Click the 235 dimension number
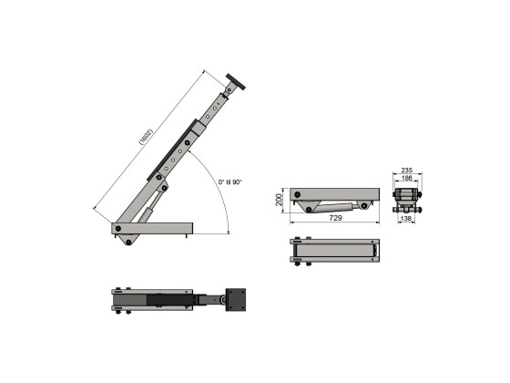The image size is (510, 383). pos(407,171)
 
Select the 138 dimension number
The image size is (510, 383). pos(407,220)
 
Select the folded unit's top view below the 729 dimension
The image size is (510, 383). pos(335,251)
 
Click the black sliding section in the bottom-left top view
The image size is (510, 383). pos(173,300)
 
